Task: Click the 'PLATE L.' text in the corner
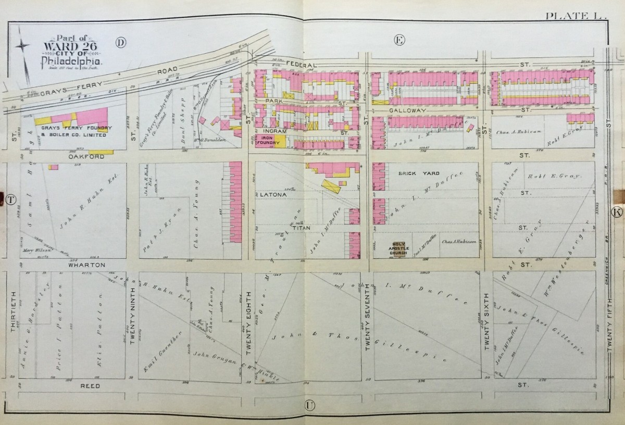(x=576, y=16)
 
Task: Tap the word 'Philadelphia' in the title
(x=71, y=63)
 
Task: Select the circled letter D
(x=121, y=43)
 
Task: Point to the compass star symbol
(x=23, y=47)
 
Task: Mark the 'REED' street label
(x=89, y=386)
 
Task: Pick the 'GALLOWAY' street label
(x=415, y=111)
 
